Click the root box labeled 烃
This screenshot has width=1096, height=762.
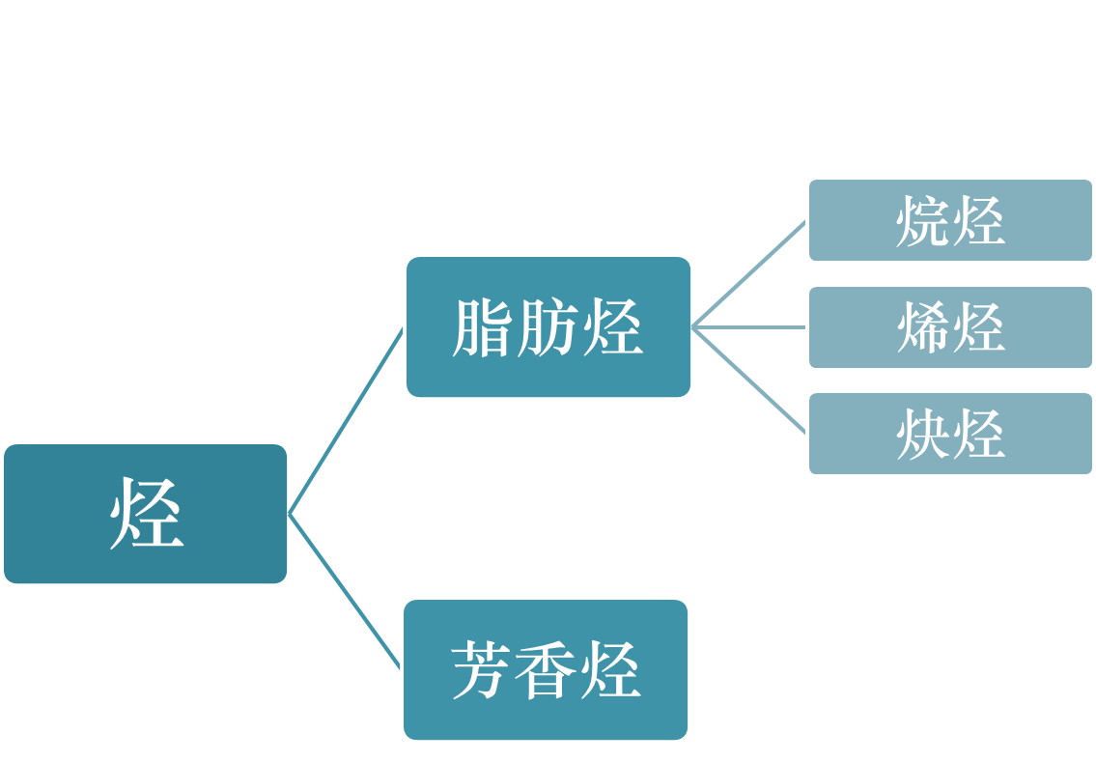click(x=146, y=514)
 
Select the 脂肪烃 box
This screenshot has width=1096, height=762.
click(x=548, y=326)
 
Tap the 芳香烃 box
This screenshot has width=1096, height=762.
click(x=547, y=669)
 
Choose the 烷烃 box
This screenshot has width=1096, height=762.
click(x=950, y=220)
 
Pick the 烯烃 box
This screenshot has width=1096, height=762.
click(x=950, y=327)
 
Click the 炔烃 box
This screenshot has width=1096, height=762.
click(x=950, y=434)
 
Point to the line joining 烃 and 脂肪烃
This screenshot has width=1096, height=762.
click(x=347, y=421)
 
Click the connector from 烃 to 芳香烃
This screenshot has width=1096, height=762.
click(x=345, y=591)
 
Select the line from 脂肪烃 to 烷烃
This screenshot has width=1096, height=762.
click(x=749, y=274)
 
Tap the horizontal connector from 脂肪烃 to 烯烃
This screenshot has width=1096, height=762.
click(x=749, y=327)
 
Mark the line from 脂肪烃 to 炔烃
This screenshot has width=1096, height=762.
click(x=749, y=381)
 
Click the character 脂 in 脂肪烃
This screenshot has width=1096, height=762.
click(x=483, y=328)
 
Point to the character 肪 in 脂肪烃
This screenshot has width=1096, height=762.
click(x=548, y=328)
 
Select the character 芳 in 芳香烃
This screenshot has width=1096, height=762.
click(x=482, y=670)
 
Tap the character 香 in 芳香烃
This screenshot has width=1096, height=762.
click(x=547, y=670)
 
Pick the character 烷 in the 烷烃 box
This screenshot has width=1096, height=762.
click(x=922, y=221)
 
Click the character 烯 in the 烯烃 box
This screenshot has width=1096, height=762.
click(x=922, y=328)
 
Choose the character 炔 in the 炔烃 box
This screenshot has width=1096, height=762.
click(x=922, y=435)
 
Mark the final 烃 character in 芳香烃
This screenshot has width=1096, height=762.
click(x=610, y=670)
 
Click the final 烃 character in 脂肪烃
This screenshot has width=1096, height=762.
click(x=612, y=328)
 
